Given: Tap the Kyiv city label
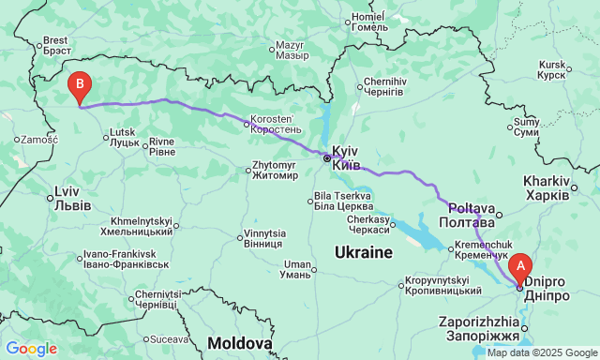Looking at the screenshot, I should tap(345, 157).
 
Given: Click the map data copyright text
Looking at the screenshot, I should tap(541, 353).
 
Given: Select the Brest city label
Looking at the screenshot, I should tap(57, 45).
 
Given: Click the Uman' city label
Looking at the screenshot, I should tap(297, 268).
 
